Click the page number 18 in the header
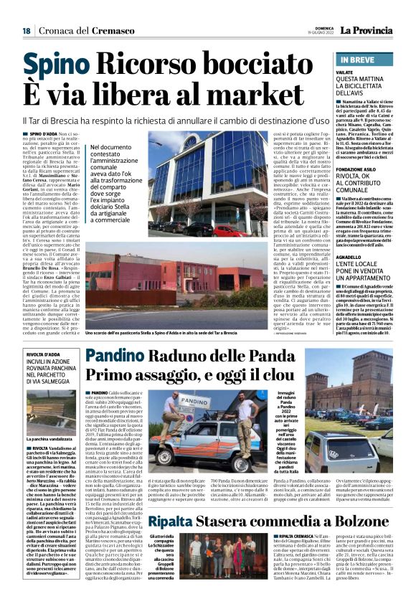tap(26, 31)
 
